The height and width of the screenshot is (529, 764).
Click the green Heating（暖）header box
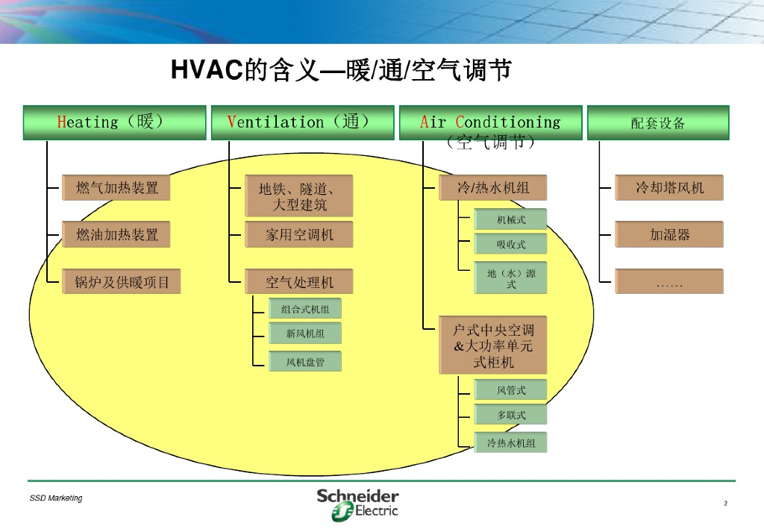(x=114, y=122)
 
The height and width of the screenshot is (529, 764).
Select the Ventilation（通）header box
(x=302, y=122)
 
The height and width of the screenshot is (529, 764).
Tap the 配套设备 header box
(x=658, y=122)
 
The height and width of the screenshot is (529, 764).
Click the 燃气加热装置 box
(x=116, y=188)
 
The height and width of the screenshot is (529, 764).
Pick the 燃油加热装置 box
(x=116, y=235)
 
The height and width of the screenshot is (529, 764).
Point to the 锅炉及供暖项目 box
(x=116, y=282)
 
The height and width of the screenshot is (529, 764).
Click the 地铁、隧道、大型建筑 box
(x=299, y=196)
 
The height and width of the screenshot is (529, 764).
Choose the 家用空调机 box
(x=299, y=235)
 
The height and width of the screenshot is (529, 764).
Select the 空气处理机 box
(x=299, y=282)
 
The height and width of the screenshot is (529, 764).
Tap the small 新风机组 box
(x=305, y=334)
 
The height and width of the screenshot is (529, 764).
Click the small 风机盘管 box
(x=305, y=362)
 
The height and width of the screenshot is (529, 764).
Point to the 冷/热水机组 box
(x=492, y=188)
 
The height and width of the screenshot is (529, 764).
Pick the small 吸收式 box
(x=511, y=244)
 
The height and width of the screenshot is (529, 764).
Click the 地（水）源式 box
(x=511, y=279)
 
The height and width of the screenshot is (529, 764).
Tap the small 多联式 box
(x=511, y=415)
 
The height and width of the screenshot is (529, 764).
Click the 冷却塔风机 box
(x=669, y=188)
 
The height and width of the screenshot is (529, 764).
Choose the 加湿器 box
(x=669, y=235)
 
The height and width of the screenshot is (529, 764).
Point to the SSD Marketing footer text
(x=56, y=498)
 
